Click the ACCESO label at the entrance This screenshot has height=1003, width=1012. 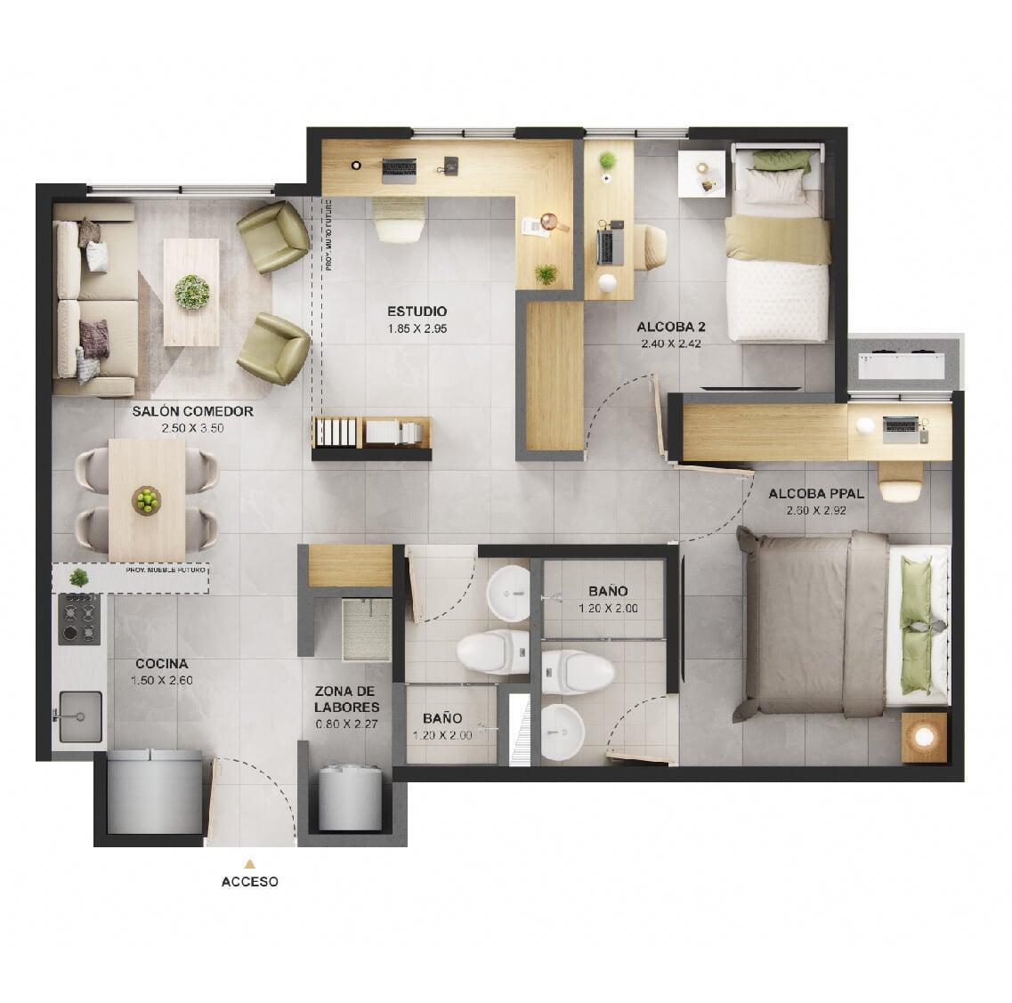pyautogui.click(x=250, y=882)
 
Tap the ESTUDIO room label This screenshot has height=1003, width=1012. pyautogui.click(x=417, y=311)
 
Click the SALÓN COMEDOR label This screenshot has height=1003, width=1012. pyautogui.click(x=193, y=412)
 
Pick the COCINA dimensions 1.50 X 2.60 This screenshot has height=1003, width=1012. pyautogui.click(x=161, y=681)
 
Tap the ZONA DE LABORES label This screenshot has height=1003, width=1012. pyautogui.click(x=348, y=700)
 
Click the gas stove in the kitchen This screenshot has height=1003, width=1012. pyautogui.click(x=79, y=619)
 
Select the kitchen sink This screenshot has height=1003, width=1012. pyautogui.click(x=79, y=716)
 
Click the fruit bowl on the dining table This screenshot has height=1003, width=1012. pyautogui.click(x=146, y=500)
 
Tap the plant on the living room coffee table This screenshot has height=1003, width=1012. pyautogui.click(x=191, y=291)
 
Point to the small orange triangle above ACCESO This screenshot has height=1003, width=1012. pyautogui.click(x=250, y=862)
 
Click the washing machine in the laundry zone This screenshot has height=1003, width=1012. pyautogui.click(x=351, y=797)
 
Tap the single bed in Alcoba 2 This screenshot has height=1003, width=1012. pyautogui.click(x=777, y=258)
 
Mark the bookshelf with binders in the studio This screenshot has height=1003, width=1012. pyautogui.click(x=371, y=433)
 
